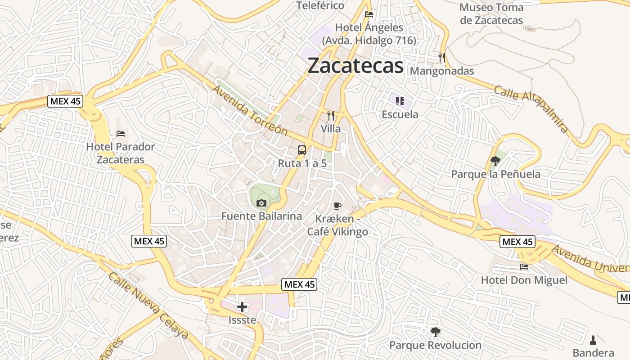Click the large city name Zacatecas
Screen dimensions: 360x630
coord(355,66)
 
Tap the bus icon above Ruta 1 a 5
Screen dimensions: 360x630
coord(301,150)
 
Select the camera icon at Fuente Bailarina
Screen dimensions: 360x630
coord(261,203)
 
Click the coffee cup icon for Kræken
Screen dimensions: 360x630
coord(337,206)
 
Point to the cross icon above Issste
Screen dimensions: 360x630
coord(242,307)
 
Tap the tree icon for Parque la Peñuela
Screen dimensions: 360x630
coord(495,161)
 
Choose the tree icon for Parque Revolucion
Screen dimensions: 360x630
coord(435,332)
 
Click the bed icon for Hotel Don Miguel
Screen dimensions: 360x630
coord(524,267)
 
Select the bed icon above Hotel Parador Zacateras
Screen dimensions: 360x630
coord(120,134)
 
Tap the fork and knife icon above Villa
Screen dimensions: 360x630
coord(331,116)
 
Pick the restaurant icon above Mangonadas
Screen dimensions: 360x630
coord(442,58)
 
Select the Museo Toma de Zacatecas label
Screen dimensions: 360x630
coord(491,14)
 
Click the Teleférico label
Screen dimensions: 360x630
coord(320,6)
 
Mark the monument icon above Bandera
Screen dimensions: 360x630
coord(593,340)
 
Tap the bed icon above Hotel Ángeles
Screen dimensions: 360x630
coord(369,14)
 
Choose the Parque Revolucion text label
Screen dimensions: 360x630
coord(435,345)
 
